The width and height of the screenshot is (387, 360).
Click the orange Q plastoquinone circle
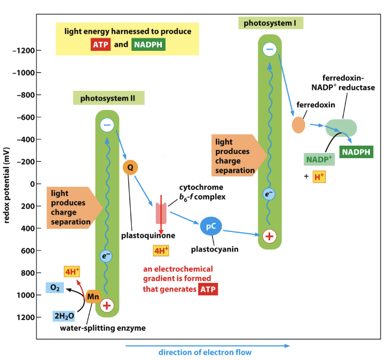click(x=130, y=167)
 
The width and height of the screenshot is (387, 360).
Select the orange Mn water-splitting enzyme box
click(x=93, y=297)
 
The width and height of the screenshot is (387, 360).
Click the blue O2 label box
click(x=55, y=287)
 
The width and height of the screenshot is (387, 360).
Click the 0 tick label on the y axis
click(x=31, y=184)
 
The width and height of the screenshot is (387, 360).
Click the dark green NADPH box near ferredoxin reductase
click(x=356, y=151)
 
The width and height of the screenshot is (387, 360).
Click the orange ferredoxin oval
click(x=298, y=125)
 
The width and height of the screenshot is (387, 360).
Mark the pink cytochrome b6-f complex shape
click(x=161, y=213)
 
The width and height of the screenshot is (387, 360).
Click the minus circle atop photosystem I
click(x=270, y=49)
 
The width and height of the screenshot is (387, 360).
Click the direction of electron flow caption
click(x=205, y=353)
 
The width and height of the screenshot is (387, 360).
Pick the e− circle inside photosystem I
click(x=269, y=194)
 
